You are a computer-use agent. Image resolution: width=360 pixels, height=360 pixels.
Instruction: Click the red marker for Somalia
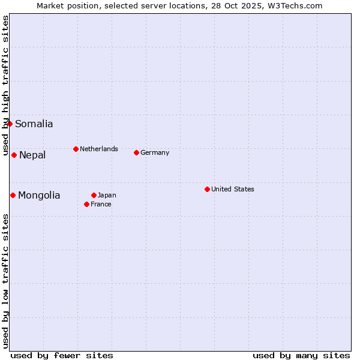click(10, 124)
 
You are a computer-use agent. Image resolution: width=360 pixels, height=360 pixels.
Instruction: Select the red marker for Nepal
click(14, 155)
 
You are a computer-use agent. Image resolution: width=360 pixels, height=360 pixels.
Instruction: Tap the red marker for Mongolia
click(13, 195)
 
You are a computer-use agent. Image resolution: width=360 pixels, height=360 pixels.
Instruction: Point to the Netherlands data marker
click(76, 149)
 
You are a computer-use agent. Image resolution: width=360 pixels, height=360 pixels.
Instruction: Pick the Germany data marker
click(136, 152)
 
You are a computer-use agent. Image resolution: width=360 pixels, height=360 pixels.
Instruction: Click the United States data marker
click(207, 189)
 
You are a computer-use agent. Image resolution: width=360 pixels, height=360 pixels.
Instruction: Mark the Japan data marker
click(94, 195)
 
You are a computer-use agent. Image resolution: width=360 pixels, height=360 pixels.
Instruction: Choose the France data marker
click(86, 204)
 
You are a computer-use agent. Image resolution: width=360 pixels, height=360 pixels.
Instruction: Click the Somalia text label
click(34, 124)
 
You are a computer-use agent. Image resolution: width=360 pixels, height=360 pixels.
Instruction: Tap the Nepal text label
click(32, 155)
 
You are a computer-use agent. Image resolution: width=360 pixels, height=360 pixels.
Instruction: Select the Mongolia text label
click(39, 196)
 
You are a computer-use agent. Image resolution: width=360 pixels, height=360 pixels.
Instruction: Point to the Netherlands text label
click(99, 149)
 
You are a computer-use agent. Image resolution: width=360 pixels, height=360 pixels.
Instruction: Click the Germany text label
click(155, 152)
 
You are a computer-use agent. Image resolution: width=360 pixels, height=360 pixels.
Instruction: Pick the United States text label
click(233, 189)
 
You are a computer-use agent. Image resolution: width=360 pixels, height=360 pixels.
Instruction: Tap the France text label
click(101, 204)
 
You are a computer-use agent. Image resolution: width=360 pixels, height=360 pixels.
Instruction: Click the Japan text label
click(107, 195)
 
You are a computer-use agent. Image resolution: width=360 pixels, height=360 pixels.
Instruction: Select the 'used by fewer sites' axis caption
click(62, 355)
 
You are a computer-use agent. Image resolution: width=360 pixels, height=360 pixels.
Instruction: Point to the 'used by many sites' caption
click(301, 355)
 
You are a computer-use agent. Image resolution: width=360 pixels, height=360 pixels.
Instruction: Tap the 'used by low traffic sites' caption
click(6, 281)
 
